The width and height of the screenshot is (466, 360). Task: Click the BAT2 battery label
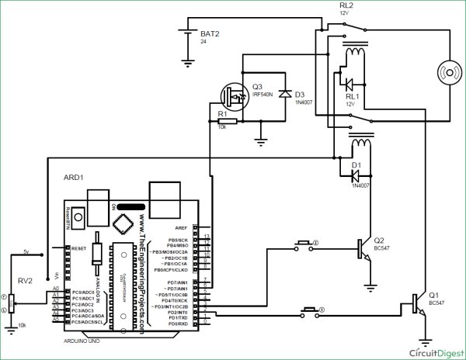(210, 34)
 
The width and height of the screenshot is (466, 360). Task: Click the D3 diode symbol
(286, 95)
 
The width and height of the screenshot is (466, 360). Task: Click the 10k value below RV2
(10, 325)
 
